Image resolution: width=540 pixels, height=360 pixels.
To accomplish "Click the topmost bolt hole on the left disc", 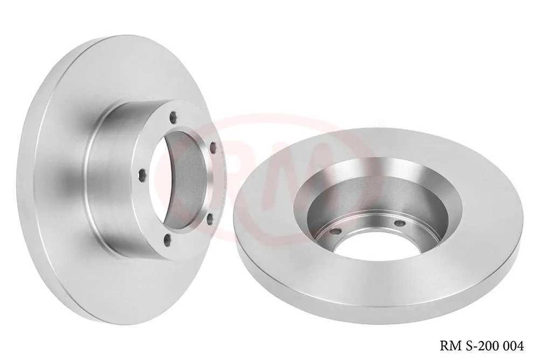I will point(172,115).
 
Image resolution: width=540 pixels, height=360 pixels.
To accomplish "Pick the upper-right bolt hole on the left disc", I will point(213,146).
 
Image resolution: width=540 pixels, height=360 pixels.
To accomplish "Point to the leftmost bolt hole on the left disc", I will point(141,174).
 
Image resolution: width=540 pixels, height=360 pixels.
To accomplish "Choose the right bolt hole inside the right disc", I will point(399,223).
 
